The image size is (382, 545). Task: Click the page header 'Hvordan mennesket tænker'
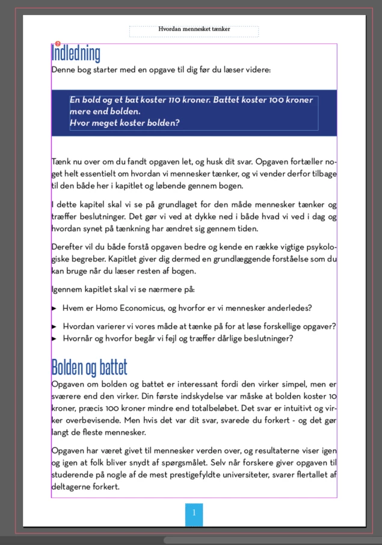click(x=194, y=29)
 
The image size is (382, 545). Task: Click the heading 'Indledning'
click(x=76, y=54)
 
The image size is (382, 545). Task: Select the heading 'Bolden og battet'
click(x=89, y=366)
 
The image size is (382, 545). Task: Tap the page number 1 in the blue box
click(x=194, y=513)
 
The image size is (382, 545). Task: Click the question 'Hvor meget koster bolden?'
click(x=125, y=123)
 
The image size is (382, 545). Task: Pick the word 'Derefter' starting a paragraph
click(x=67, y=247)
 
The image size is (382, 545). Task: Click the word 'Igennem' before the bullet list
click(x=67, y=290)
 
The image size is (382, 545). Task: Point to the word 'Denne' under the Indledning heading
click(x=64, y=70)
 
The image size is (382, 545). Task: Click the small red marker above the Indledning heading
click(x=57, y=43)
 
